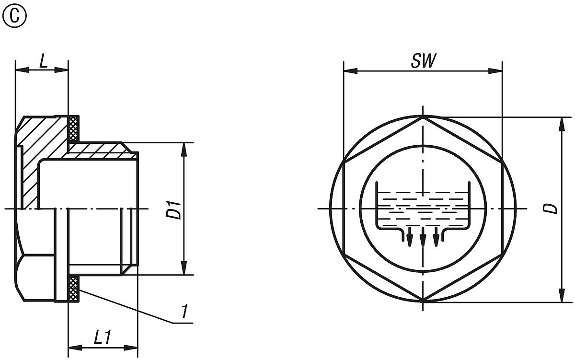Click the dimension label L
[43, 63]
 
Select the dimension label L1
[102, 338]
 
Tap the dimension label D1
[175, 209]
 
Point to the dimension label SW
[423, 61]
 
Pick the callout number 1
[184, 312]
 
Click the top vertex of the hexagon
[423, 116]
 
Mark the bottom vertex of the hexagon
[423, 302]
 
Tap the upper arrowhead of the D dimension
[562, 123]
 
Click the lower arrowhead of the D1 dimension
[184, 269]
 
